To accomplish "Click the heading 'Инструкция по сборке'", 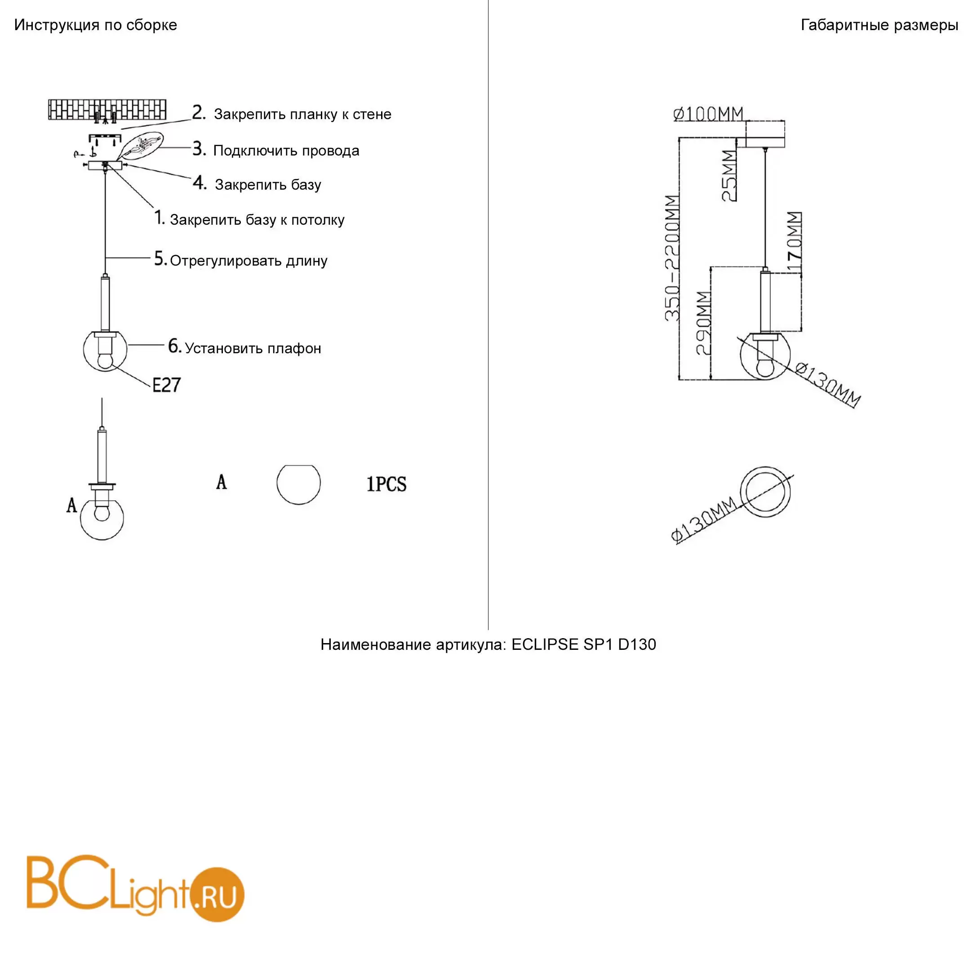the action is click(96, 25).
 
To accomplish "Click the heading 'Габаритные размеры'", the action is click(879, 25).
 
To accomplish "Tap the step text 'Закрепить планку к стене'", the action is click(302, 114).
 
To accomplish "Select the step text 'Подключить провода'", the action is click(286, 151).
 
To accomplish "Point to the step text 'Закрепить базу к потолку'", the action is click(257, 220).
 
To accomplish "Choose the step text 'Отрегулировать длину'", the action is click(249, 261).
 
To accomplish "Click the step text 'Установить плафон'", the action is click(253, 348).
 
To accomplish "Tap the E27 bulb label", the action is click(166, 385).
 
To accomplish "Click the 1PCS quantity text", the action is click(386, 484).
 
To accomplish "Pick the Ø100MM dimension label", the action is click(708, 114).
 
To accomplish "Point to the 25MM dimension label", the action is click(728, 176).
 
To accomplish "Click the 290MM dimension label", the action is click(704, 323).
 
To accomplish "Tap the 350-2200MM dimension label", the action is click(672, 258).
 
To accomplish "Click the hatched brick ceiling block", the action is click(107, 110).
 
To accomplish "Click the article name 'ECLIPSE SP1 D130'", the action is click(584, 644).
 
